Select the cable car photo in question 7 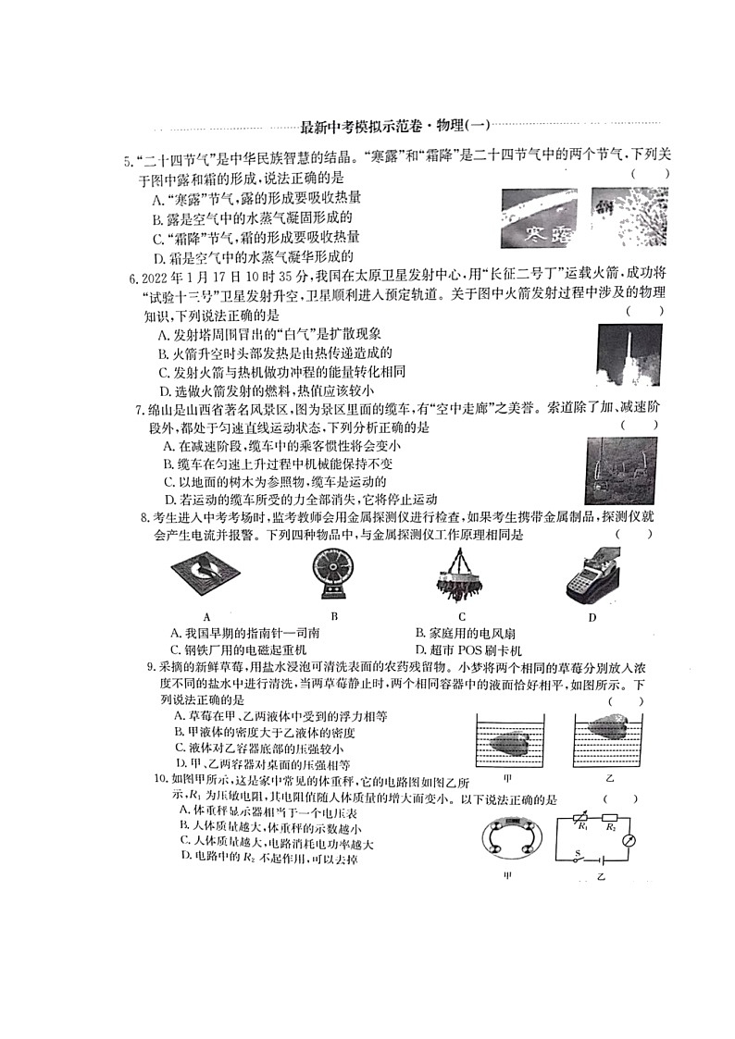pyautogui.click(x=621, y=470)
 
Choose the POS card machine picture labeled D pyautogui.click(x=594, y=577)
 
